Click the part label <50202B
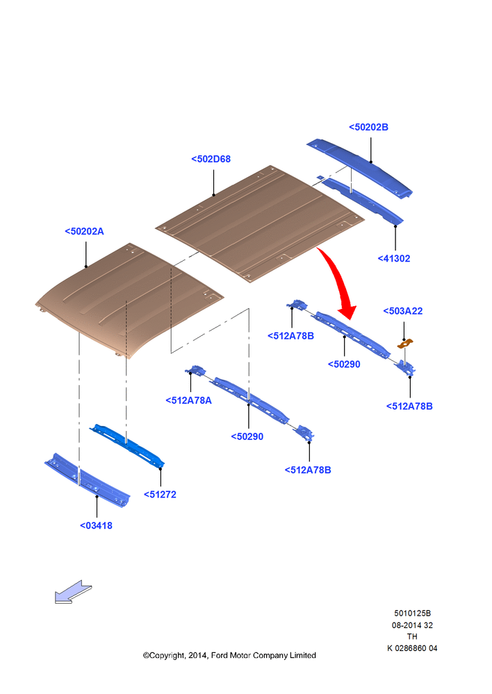coord(368,128)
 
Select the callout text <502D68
coord(211,160)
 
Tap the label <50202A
coord(84,232)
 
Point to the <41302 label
coord(394,258)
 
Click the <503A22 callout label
coord(403,311)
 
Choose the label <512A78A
coord(189,400)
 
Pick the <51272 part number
coord(160,494)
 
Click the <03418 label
coord(96,526)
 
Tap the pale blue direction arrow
coord(73,592)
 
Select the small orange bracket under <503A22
coord(404,344)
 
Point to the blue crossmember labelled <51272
coord(126,446)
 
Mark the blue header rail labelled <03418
coord(88,480)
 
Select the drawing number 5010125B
coord(412,613)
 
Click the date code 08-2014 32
coord(412,625)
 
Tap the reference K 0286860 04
coord(412,648)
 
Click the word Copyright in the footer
coord(167,656)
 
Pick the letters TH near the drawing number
coord(412,637)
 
